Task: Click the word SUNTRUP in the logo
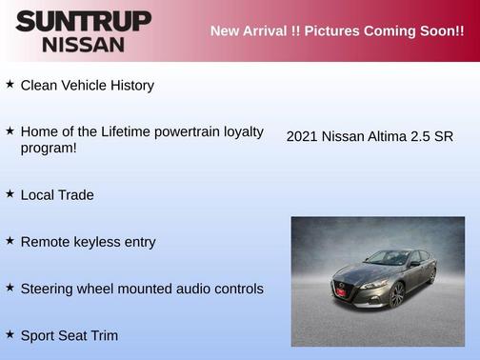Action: click(83, 21)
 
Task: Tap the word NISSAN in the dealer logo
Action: click(83, 44)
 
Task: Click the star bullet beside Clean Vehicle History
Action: click(10, 84)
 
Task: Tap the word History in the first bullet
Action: click(131, 86)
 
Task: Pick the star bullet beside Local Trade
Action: click(10, 193)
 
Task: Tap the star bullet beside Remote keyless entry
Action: click(10, 241)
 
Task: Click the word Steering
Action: click(50, 289)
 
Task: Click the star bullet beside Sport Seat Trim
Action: click(10, 334)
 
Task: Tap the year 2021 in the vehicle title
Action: click(302, 136)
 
